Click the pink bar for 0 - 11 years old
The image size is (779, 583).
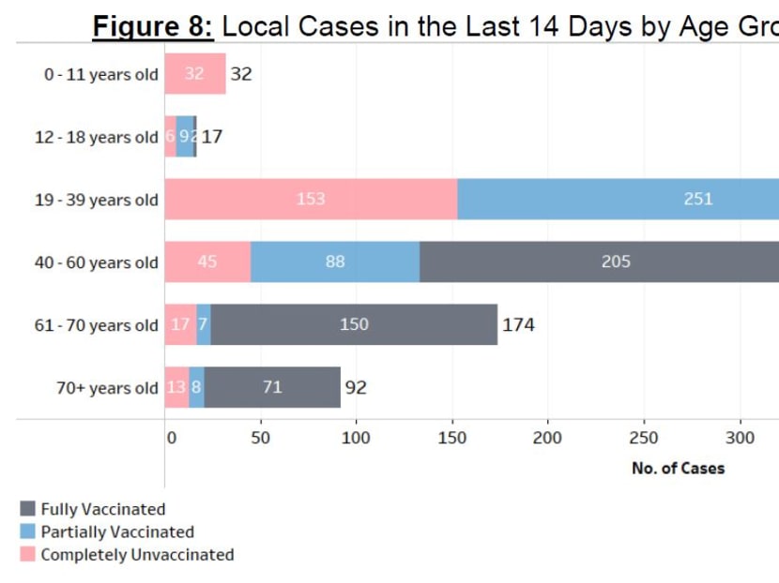pyautogui.click(x=195, y=74)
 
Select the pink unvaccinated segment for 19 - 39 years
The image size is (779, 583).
pyautogui.click(x=311, y=200)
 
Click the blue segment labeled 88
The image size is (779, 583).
pyautogui.click(x=335, y=262)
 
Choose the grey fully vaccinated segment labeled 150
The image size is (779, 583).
pyautogui.click(x=354, y=325)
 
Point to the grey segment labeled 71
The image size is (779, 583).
pyautogui.click(x=272, y=387)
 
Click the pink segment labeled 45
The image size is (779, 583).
pyautogui.click(x=207, y=262)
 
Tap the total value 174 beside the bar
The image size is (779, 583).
pyautogui.click(x=518, y=325)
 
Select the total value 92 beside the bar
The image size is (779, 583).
pyautogui.click(x=356, y=387)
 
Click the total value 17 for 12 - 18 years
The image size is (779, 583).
pyautogui.click(x=212, y=137)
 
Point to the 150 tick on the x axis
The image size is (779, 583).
pyautogui.click(x=452, y=438)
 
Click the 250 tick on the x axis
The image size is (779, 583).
pyautogui.click(x=644, y=438)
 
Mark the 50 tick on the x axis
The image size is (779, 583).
pyautogui.click(x=261, y=438)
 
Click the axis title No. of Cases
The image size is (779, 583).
pyautogui.click(x=678, y=468)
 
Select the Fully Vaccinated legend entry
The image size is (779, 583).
pyautogui.click(x=102, y=510)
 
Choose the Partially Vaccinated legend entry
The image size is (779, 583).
pyautogui.click(x=116, y=532)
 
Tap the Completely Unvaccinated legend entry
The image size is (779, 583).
pyautogui.click(x=136, y=555)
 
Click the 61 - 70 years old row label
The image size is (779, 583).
pyautogui.click(x=97, y=325)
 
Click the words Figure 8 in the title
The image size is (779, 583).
pyautogui.click(x=153, y=26)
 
